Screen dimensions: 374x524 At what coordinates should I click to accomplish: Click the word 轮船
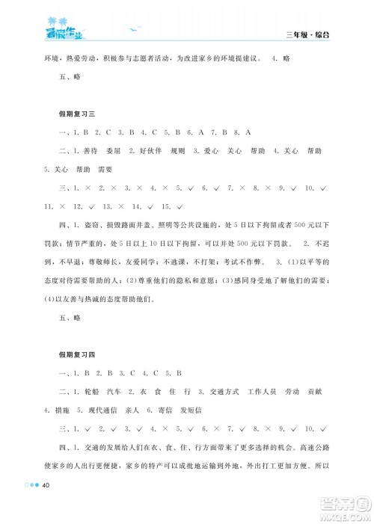point(84,391)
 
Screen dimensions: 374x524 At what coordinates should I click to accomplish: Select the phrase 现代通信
point(111,410)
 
